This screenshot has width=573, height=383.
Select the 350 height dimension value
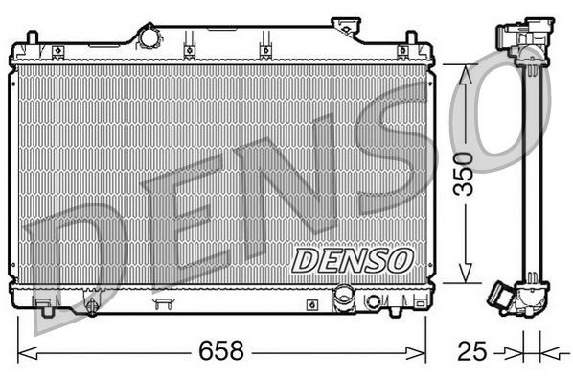[464, 173]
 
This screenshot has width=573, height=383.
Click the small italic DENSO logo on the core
[351, 259]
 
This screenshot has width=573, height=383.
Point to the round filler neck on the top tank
[149, 36]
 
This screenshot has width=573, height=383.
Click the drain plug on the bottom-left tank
[91, 307]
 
